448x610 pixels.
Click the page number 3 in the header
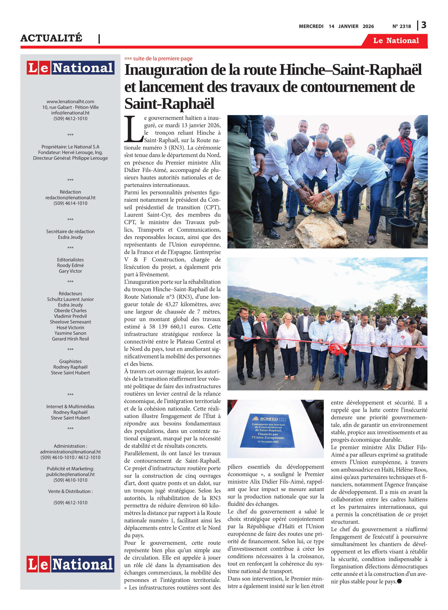(424, 25)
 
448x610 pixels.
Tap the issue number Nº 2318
(401, 26)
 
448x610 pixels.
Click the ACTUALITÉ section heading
(51, 38)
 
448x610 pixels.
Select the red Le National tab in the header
(396, 41)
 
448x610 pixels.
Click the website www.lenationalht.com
(70, 101)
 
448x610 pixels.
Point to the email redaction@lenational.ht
(70, 198)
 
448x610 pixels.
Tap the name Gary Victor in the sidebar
(70, 271)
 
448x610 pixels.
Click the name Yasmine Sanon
(70, 333)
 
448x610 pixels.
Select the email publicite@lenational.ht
(70, 474)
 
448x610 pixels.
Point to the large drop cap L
(133, 129)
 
